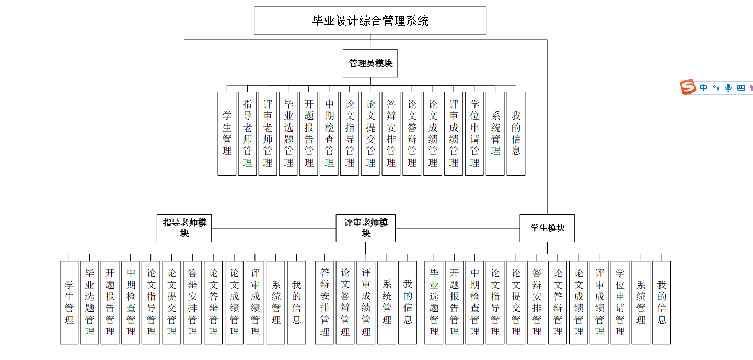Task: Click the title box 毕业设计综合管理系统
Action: [370, 21]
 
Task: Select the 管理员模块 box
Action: [370, 63]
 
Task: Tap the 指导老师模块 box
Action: [184, 228]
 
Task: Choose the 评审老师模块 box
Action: [365, 228]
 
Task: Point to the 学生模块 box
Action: [547, 228]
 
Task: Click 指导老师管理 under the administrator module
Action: [247, 134]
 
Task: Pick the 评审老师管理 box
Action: [268, 134]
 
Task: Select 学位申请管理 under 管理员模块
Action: [474, 134]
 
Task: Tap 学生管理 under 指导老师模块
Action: [69, 303]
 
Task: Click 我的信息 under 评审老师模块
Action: [408, 303]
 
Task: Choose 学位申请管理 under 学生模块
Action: [620, 303]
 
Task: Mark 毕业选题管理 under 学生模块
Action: [433, 303]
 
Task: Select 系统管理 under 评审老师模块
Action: [387, 303]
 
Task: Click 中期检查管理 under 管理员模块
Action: [329, 134]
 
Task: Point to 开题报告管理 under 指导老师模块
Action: [110, 303]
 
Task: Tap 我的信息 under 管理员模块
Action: [516, 134]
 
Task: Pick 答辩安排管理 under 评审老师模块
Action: [325, 303]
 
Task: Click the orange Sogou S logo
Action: [688, 87]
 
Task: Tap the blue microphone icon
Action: [728, 88]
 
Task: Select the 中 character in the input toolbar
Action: [703, 88]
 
